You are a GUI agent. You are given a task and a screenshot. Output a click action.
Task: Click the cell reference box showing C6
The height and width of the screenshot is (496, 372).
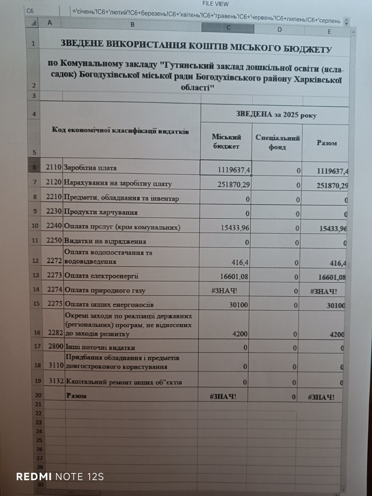(30, 11)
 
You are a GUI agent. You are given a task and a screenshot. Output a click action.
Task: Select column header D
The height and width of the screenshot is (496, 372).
(279, 29)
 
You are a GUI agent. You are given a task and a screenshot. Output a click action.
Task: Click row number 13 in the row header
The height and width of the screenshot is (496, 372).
(36, 275)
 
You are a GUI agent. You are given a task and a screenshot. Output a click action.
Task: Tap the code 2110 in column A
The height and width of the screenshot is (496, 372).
(54, 167)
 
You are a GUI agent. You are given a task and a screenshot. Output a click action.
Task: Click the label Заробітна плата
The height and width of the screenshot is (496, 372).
(90, 168)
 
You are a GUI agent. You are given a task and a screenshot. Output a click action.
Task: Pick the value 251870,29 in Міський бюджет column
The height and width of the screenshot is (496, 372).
(234, 185)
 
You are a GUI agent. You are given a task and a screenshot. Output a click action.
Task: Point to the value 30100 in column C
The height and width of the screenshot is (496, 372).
(238, 305)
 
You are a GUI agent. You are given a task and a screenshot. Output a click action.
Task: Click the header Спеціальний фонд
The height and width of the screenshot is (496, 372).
(277, 142)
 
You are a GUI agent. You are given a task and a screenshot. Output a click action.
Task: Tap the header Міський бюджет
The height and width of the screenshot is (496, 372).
(226, 141)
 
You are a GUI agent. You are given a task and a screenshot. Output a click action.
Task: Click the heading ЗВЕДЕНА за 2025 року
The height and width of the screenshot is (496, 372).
(276, 115)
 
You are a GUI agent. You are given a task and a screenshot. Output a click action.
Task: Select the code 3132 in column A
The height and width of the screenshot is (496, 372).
(56, 381)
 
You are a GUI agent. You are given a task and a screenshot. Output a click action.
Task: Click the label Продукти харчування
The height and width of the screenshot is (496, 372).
(101, 212)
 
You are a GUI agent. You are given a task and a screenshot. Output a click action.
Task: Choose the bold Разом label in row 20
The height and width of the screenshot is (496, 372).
(76, 396)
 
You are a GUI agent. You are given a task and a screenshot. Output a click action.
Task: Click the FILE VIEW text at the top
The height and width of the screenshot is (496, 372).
(215, 4)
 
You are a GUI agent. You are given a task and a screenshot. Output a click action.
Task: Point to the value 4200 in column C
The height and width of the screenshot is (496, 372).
(240, 334)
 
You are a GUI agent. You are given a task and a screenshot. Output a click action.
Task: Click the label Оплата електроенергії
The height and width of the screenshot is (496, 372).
(101, 276)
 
